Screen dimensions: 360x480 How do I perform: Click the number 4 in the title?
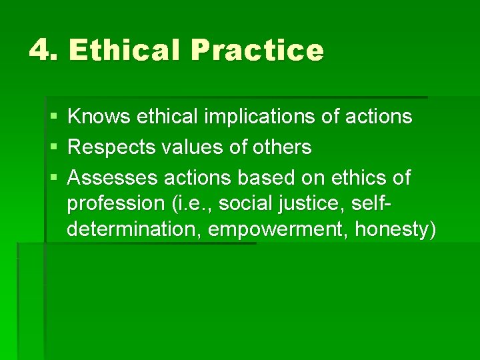pos(41,51)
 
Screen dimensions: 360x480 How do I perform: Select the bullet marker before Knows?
pos(53,117)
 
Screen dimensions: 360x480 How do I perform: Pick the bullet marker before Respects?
pos(53,147)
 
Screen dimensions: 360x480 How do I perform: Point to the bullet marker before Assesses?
pos(53,178)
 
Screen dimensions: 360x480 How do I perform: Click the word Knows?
pos(99,117)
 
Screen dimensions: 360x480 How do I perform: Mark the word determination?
pos(133,229)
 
